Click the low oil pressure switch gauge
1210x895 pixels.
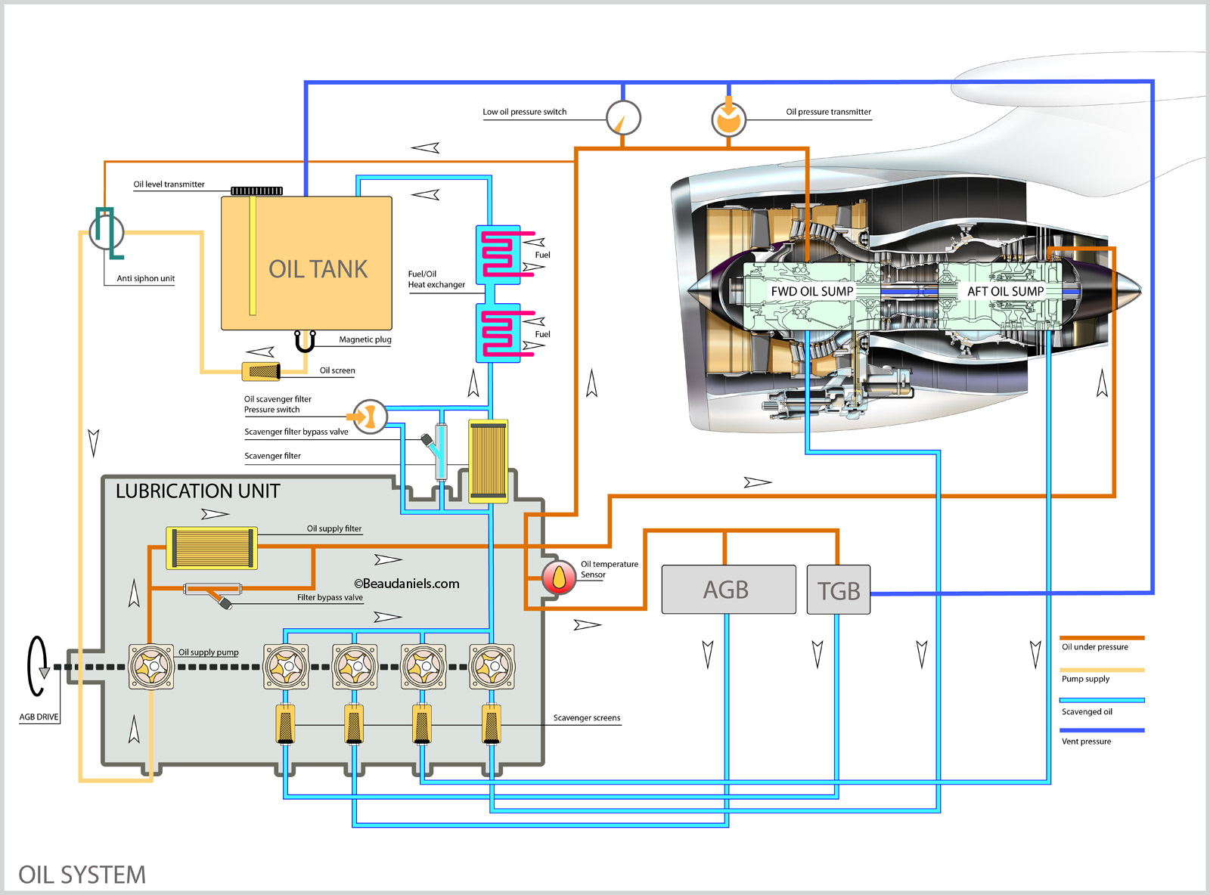coord(623,118)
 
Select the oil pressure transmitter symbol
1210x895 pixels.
coord(728,119)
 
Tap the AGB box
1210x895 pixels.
coord(728,590)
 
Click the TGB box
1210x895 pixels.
coord(838,590)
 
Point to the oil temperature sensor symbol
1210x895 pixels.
coord(559,578)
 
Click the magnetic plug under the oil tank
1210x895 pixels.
coord(305,342)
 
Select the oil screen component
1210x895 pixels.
coord(261,371)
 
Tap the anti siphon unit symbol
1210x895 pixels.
coord(107,231)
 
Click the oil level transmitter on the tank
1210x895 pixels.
coord(256,190)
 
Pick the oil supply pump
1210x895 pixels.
coord(151,666)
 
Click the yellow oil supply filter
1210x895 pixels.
coord(212,548)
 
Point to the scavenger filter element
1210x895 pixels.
coord(488,461)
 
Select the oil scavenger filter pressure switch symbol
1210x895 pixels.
coord(370,416)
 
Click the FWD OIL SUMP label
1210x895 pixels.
coord(811,292)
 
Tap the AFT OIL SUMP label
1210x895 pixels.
coord(1005,292)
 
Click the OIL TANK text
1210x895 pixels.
coord(318,270)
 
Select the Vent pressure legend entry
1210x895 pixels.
coord(1087,742)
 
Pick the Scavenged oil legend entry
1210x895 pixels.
coord(1087,711)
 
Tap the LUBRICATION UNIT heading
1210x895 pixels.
coord(197,491)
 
